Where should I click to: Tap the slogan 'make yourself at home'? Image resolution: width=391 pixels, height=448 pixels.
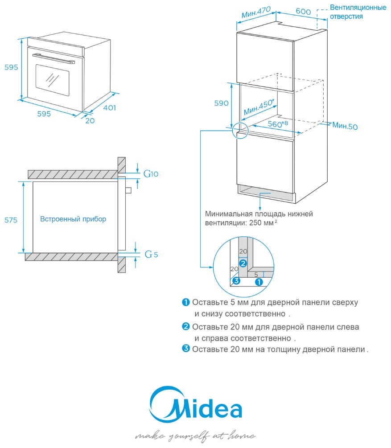195,435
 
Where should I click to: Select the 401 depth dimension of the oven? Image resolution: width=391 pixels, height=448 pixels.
109,107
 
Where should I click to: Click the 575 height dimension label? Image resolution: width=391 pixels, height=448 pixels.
11,220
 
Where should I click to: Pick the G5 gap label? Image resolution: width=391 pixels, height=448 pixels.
151,255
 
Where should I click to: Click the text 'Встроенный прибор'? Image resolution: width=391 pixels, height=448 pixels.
73,219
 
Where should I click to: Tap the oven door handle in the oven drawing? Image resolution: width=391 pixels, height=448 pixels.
52,58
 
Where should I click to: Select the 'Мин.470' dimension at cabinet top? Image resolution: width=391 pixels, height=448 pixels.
257,12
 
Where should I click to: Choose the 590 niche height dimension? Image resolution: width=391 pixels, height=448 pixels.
221,103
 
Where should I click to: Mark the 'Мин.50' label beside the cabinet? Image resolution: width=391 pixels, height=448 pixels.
345,126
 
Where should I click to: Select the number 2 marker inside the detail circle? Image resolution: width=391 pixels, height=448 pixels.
243,263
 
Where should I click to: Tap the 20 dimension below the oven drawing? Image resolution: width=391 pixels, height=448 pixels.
90,120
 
